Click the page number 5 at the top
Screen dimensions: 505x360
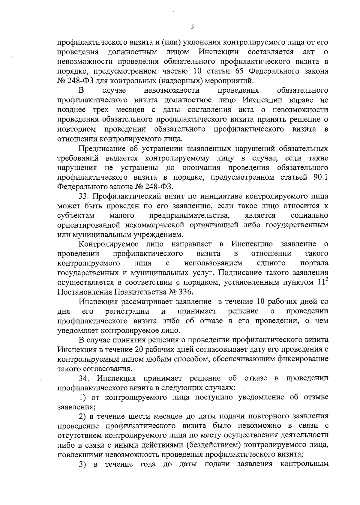tap(192, 27)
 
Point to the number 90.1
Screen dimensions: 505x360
tap(320, 177)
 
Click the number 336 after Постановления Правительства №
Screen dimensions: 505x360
tap(186, 292)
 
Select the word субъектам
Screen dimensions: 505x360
tap(76, 216)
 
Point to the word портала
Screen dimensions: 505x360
tap(314, 263)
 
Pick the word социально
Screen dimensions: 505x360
tap(309, 216)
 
